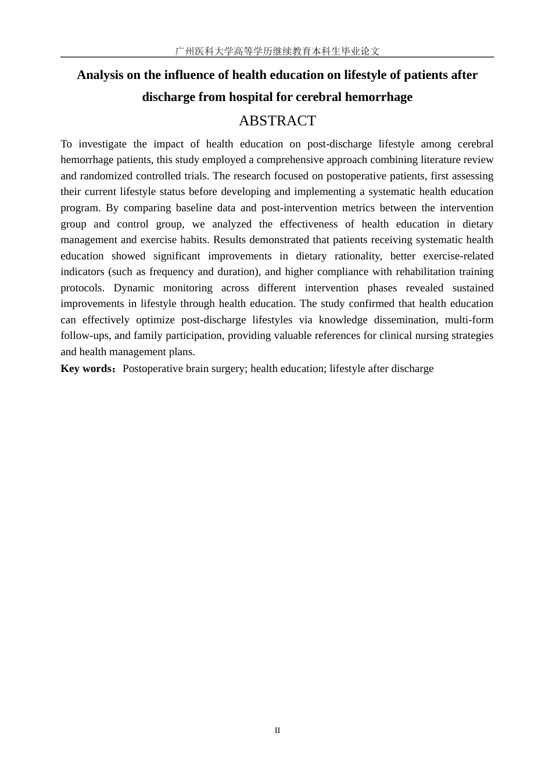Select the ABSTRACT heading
(277, 121)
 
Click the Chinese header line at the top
(277, 51)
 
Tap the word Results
(230, 240)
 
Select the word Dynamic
(134, 288)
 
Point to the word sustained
(472, 288)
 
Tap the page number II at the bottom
(277, 730)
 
